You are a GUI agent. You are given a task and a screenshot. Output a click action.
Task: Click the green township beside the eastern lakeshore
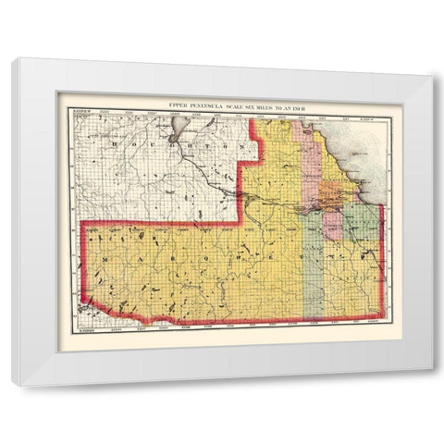(x=364, y=222)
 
